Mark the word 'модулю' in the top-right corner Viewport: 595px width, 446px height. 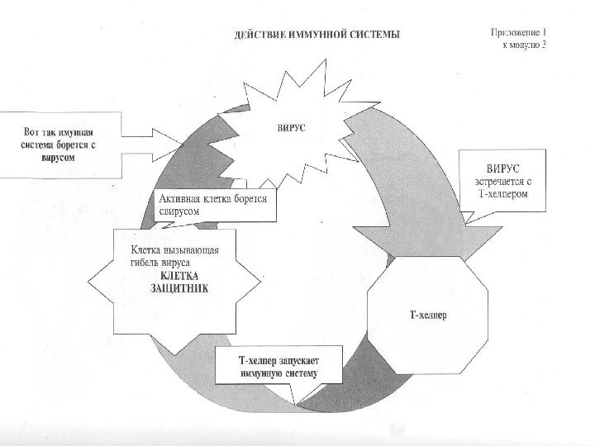[x=520, y=46]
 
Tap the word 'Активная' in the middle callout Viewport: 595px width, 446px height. [x=182, y=199]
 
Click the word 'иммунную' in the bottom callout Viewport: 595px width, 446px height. [x=262, y=373]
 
